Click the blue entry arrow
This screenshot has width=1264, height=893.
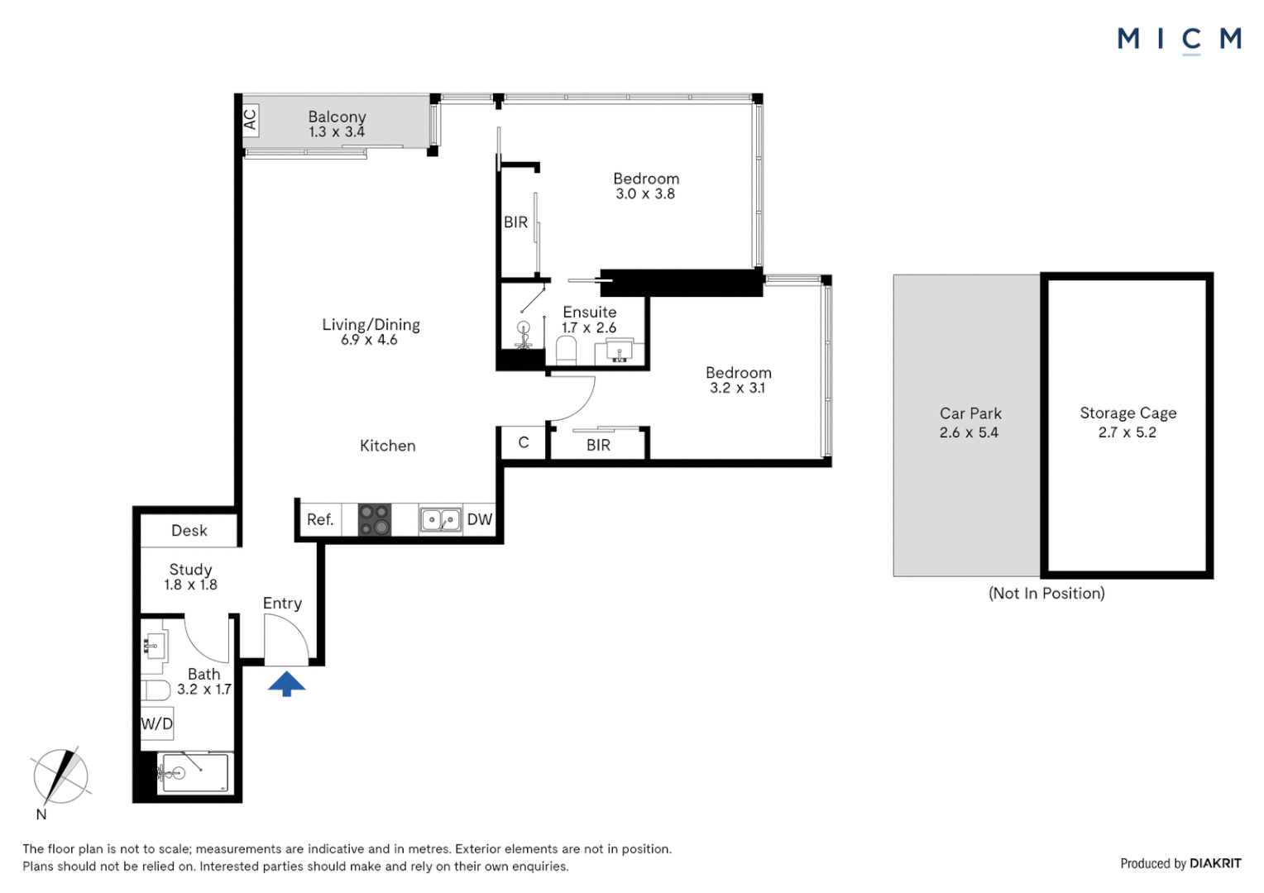pyautogui.click(x=286, y=684)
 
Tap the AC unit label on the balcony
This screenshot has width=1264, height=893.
pyautogui.click(x=250, y=121)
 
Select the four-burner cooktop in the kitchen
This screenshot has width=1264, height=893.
pyautogui.click(x=374, y=519)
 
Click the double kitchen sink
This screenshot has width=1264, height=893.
pyautogui.click(x=440, y=519)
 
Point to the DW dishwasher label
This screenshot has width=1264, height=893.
pyautogui.click(x=479, y=519)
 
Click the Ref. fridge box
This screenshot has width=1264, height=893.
pyautogui.click(x=320, y=519)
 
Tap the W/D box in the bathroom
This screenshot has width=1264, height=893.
pyautogui.click(x=156, y=724)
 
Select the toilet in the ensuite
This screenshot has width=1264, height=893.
pyautogui.click(x=566, y=351)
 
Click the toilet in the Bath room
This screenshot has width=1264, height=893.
pyautogui.click(x=156, y=689)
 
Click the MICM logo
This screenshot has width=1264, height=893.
pyautogui.click(x=1179, y=39)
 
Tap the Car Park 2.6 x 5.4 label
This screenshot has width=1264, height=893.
pyautogui.click(x=970, y=423)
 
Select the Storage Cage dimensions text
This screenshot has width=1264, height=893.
pyautogui.click(x=1127, y=432)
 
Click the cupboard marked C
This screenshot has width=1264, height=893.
pyautogui.click(x=524, y=443)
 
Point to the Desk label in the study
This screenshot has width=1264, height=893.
pyautogui.click(x=189, y=531)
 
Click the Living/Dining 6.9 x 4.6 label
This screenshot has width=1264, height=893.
pyautogui.click(x=371, y=332)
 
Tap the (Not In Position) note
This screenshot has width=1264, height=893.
pyautogui.click(x=1046, y=593)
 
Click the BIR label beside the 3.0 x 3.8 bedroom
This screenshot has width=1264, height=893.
pyautogui.click(x=515, y=222)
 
